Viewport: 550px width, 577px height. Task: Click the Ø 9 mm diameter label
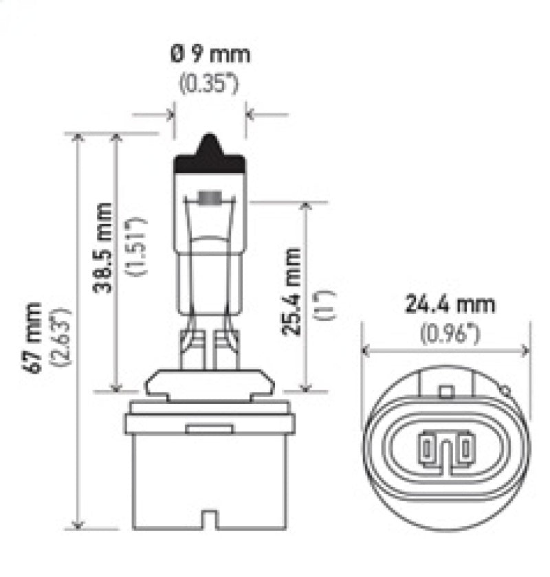[x=210, y=54]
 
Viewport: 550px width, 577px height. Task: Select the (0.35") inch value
[x=209, y=86]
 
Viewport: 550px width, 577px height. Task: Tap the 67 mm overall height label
[x=33, y=337]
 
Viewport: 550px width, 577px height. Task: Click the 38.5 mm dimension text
[x=103, y=247]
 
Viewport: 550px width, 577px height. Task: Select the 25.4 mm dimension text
[x=291, y=290]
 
